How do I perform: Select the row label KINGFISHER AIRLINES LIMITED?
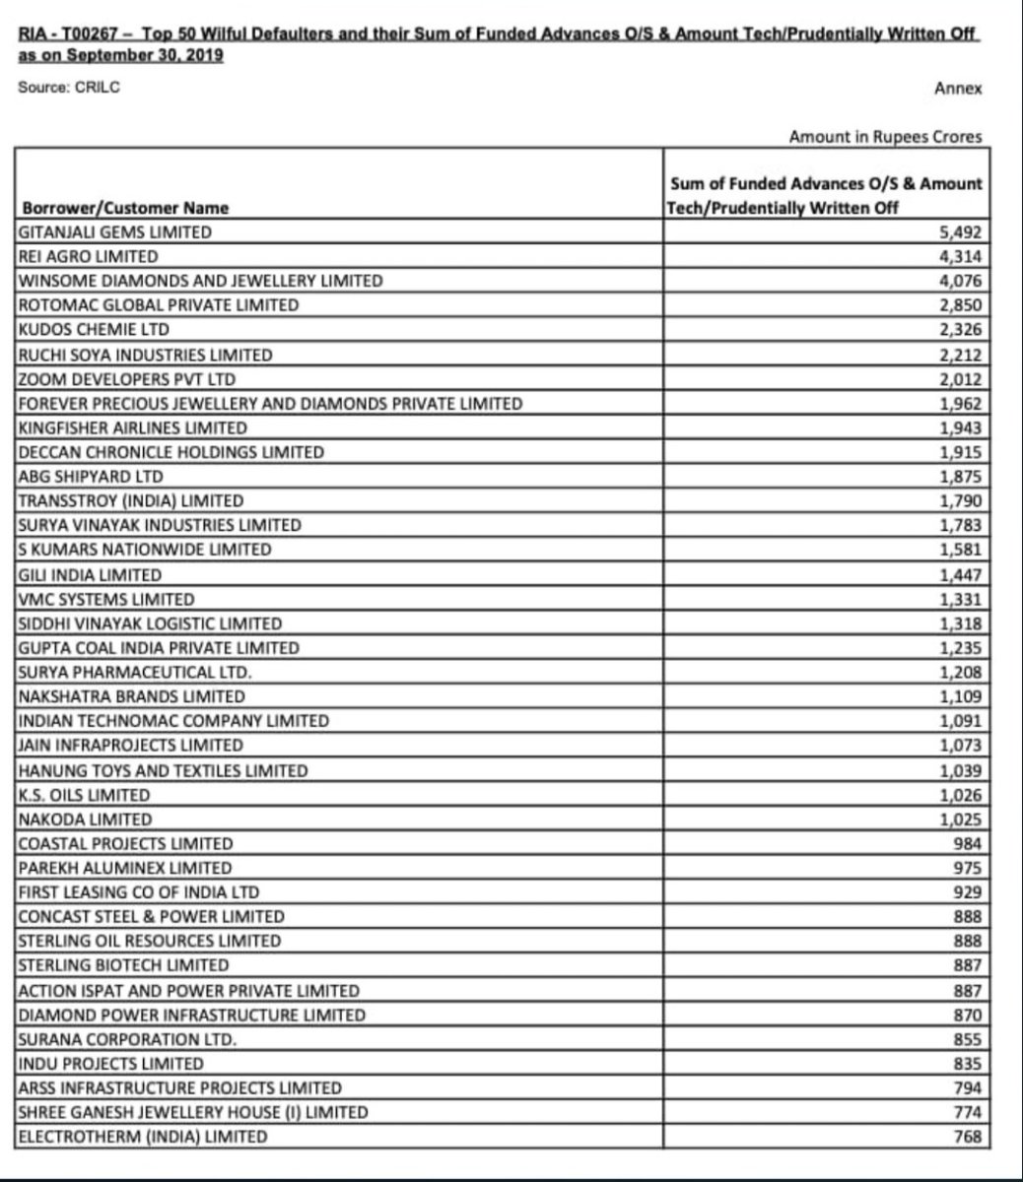pyautogui.click(x=133, y=427)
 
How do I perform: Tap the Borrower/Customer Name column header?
pyautogui.click(x=123, y=208)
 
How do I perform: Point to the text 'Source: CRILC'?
pyautogui.click(x=69, y=87)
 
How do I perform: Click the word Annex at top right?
pyautogui.click(x=958, y=88)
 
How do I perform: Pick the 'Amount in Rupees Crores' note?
pyautogui.click(x=885, y=137)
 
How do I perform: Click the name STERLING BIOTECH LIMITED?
pyautogui.click(x=123, y=965)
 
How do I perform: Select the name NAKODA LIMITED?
pyautogui.click(x=86, y=819)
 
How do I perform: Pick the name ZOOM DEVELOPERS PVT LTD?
pyautogui.click(x=127, y=378)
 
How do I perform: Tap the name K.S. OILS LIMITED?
pyautogui.click(x=85, y=794)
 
